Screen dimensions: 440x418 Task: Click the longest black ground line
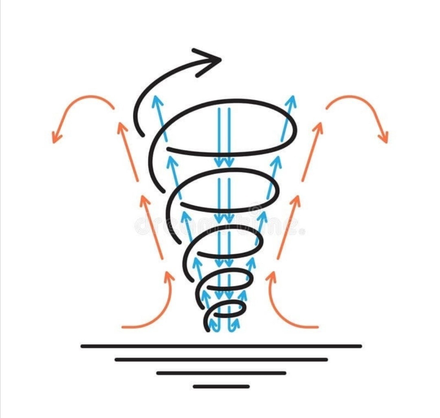pyautogui.click(x=221, y=346)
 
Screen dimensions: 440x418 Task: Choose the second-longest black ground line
pyautogui.click(x=221, y=360)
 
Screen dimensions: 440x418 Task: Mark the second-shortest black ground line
pyautogui.click(x=221, y=373)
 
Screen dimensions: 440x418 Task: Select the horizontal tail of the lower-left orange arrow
pyautogui.click(x=130, y=327)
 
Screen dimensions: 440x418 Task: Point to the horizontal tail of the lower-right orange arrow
pyautogui.click(x=310, y=327)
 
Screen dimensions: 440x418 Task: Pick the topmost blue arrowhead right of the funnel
pyautogui.click(x=293, y=99)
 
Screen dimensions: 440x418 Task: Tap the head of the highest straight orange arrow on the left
pyautogui.click(x=120, y=125)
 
